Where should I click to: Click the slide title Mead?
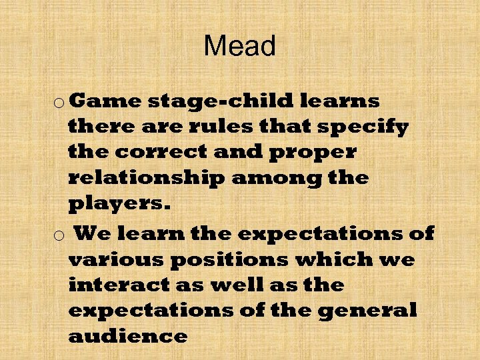click(240, 47)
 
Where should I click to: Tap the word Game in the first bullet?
click(105, 101)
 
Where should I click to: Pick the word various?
click(117, 259)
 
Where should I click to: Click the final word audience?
click(127, 336)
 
